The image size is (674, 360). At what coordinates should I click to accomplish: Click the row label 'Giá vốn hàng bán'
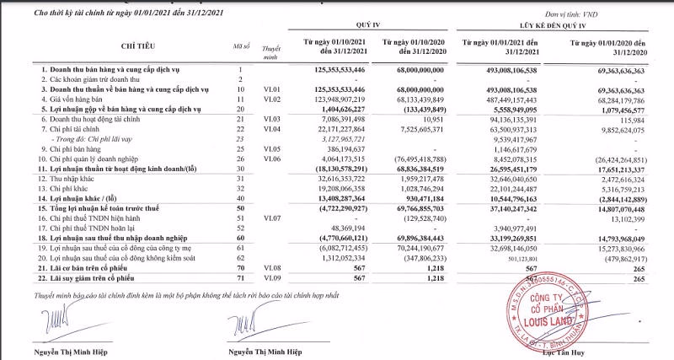click(71, 99)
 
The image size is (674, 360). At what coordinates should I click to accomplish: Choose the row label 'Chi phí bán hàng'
click(71, 148)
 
